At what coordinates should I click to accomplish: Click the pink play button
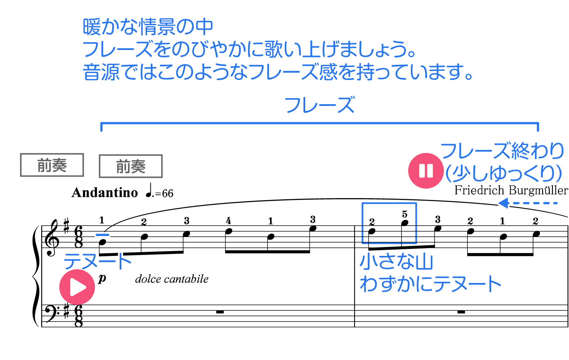point(77,287)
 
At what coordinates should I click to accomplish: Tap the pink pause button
point(426,171)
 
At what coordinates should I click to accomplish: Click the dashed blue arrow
point(527,203)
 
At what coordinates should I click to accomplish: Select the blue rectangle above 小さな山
point(389,223)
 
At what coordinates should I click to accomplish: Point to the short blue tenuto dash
point(103,234)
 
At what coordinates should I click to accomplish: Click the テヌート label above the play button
point(97,261)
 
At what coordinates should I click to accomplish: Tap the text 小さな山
point(396,261)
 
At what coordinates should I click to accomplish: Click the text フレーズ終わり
point(502,151)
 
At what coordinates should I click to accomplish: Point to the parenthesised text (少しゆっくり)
point(504,173)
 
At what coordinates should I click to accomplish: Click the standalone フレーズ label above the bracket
point(320,105)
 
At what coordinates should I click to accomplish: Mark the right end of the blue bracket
point(538,127)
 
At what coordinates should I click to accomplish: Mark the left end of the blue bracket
point(101,127)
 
